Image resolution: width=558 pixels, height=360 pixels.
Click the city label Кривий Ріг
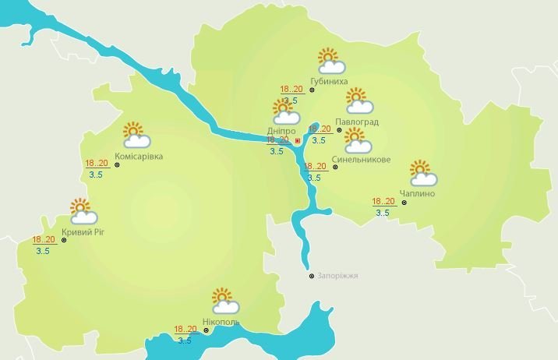click(x=87, y=232)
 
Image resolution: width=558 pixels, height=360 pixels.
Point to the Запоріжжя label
click(x=337, y=276)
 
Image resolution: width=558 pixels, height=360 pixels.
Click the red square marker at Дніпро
click(x=297, y=141)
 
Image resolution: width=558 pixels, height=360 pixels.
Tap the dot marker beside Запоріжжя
click(x=312, y=275)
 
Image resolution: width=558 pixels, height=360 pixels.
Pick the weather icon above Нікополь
click(x=224, y=300)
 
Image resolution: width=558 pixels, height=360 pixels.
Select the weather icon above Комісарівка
click(x=136, y=135)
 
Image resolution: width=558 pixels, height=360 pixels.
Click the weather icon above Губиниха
click(x=328, y=59)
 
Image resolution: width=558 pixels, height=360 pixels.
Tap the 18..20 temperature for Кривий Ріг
click(x=44, y=239)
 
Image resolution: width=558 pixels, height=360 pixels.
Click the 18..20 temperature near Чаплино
click(x=384, y=202)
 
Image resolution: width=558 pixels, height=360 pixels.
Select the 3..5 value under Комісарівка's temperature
click(x=97, y=175)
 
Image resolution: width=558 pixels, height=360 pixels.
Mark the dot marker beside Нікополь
click(x=207, y=330)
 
